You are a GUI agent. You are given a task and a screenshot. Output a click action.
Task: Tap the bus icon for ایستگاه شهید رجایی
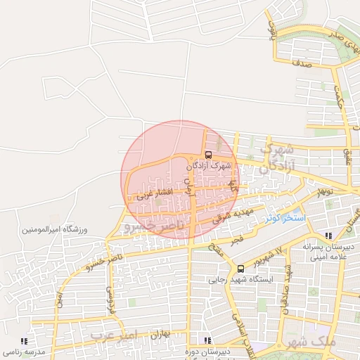[241, 269]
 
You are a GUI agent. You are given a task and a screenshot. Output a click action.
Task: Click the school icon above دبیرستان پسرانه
[328, 236]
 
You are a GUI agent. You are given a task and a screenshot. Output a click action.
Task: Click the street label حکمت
[341, 98]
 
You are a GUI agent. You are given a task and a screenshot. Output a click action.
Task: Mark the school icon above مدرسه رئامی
[25, 340]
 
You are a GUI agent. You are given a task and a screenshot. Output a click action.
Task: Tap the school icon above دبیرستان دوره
[207, 340]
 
